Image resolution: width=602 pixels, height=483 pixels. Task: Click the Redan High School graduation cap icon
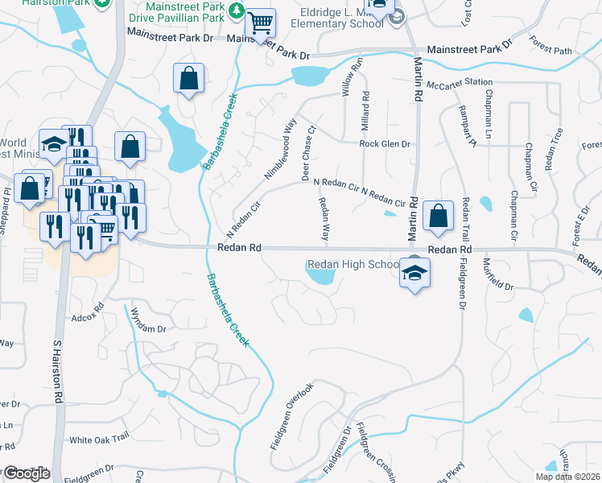coord(414,274)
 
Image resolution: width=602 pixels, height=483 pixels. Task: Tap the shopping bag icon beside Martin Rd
coord(437,216)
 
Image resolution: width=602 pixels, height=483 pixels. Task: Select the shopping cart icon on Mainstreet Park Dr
coord(259,25)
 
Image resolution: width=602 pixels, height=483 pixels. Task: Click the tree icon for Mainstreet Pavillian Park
coord(237,10)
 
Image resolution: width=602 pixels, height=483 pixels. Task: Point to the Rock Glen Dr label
coord(385,144)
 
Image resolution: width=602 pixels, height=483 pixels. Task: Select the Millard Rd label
coord(366,105)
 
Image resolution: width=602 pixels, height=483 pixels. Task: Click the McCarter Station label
coord(460,82)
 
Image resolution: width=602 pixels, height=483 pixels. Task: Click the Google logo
coord(26,473)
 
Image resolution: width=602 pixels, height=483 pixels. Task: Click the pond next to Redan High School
coord(320,276)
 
